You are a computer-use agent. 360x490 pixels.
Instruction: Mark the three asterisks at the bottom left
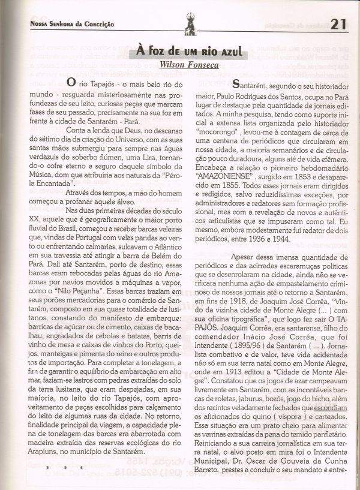pyautogui.click(x=64, y=467)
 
